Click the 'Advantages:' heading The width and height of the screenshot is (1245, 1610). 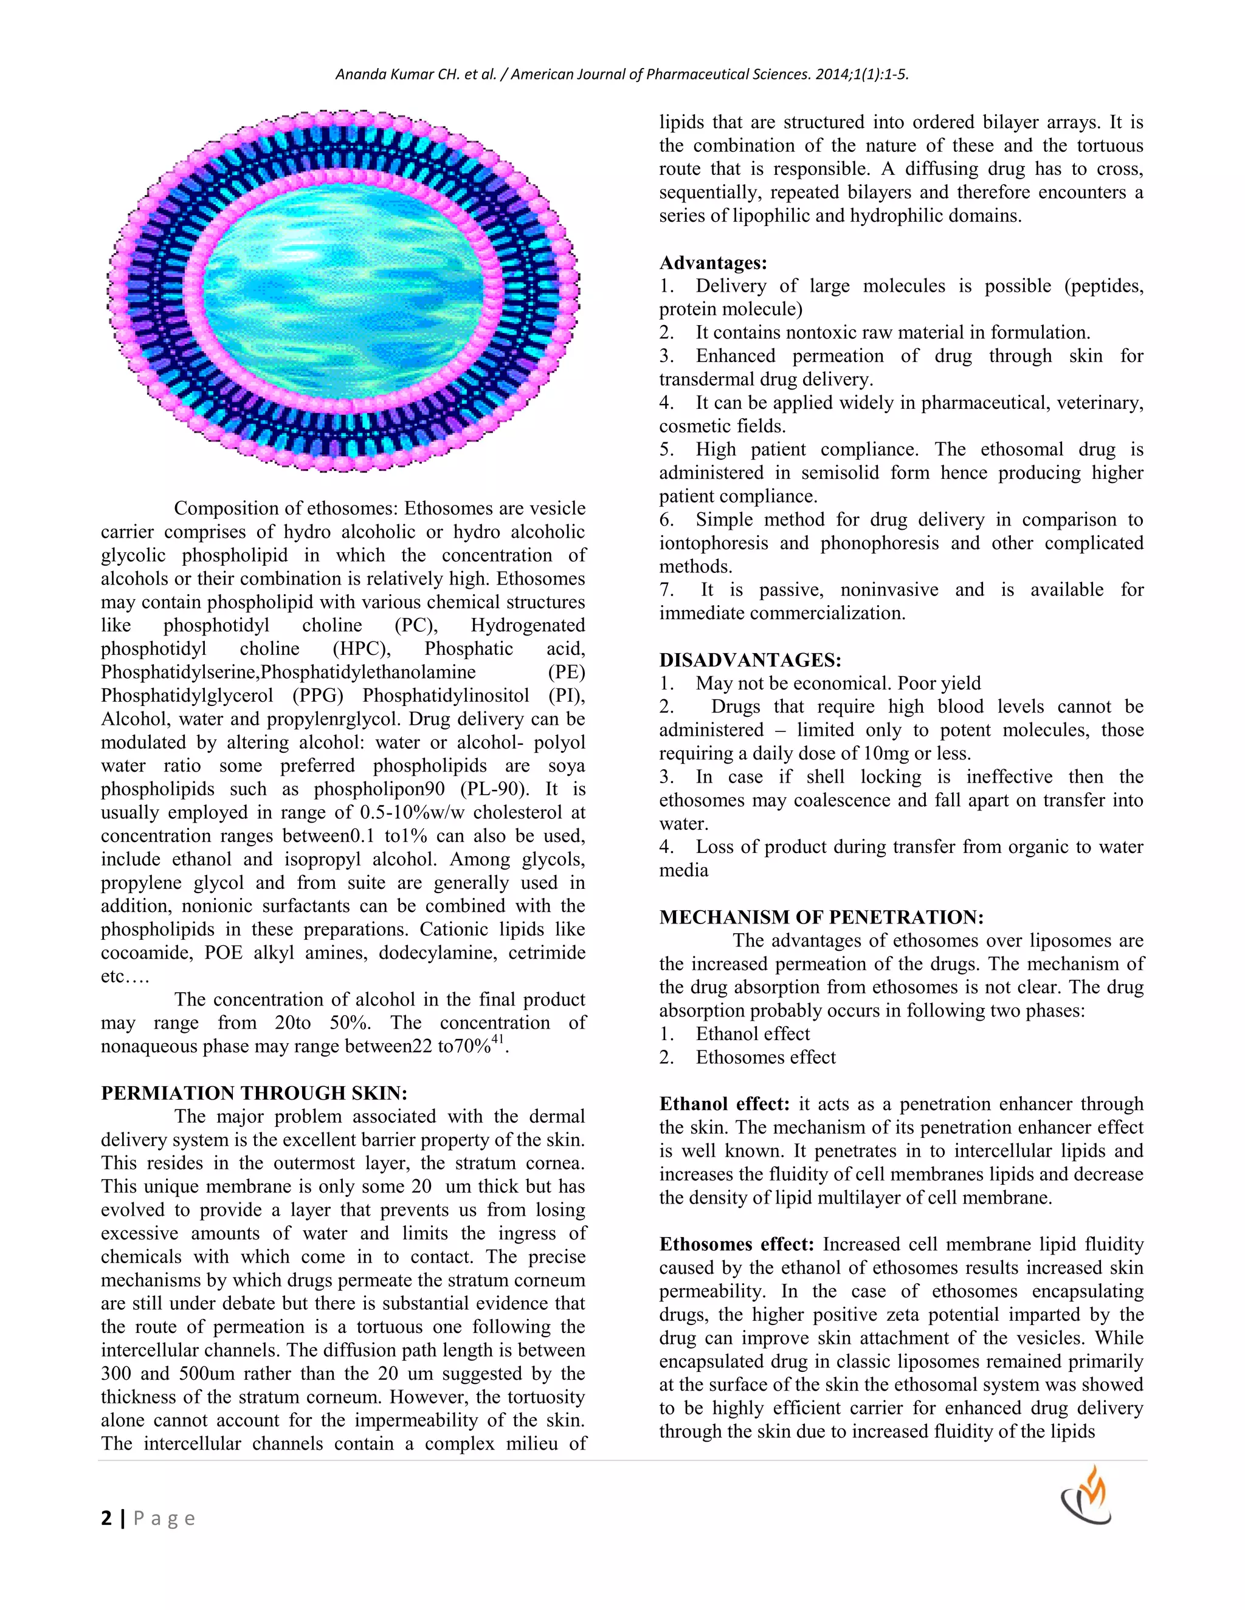click(712, 262)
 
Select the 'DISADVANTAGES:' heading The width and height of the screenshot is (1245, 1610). click(750, 660)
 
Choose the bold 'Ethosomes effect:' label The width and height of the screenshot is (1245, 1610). click(736, 1244)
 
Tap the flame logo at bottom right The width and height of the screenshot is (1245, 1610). click(1086, 1496)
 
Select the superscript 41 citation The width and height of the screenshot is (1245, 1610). click(498, 1040)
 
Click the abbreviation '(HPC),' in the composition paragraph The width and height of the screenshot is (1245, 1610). click(362, 649)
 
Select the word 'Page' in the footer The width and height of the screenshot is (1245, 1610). click(164, 1519)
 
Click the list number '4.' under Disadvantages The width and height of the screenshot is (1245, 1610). click(666, 847)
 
